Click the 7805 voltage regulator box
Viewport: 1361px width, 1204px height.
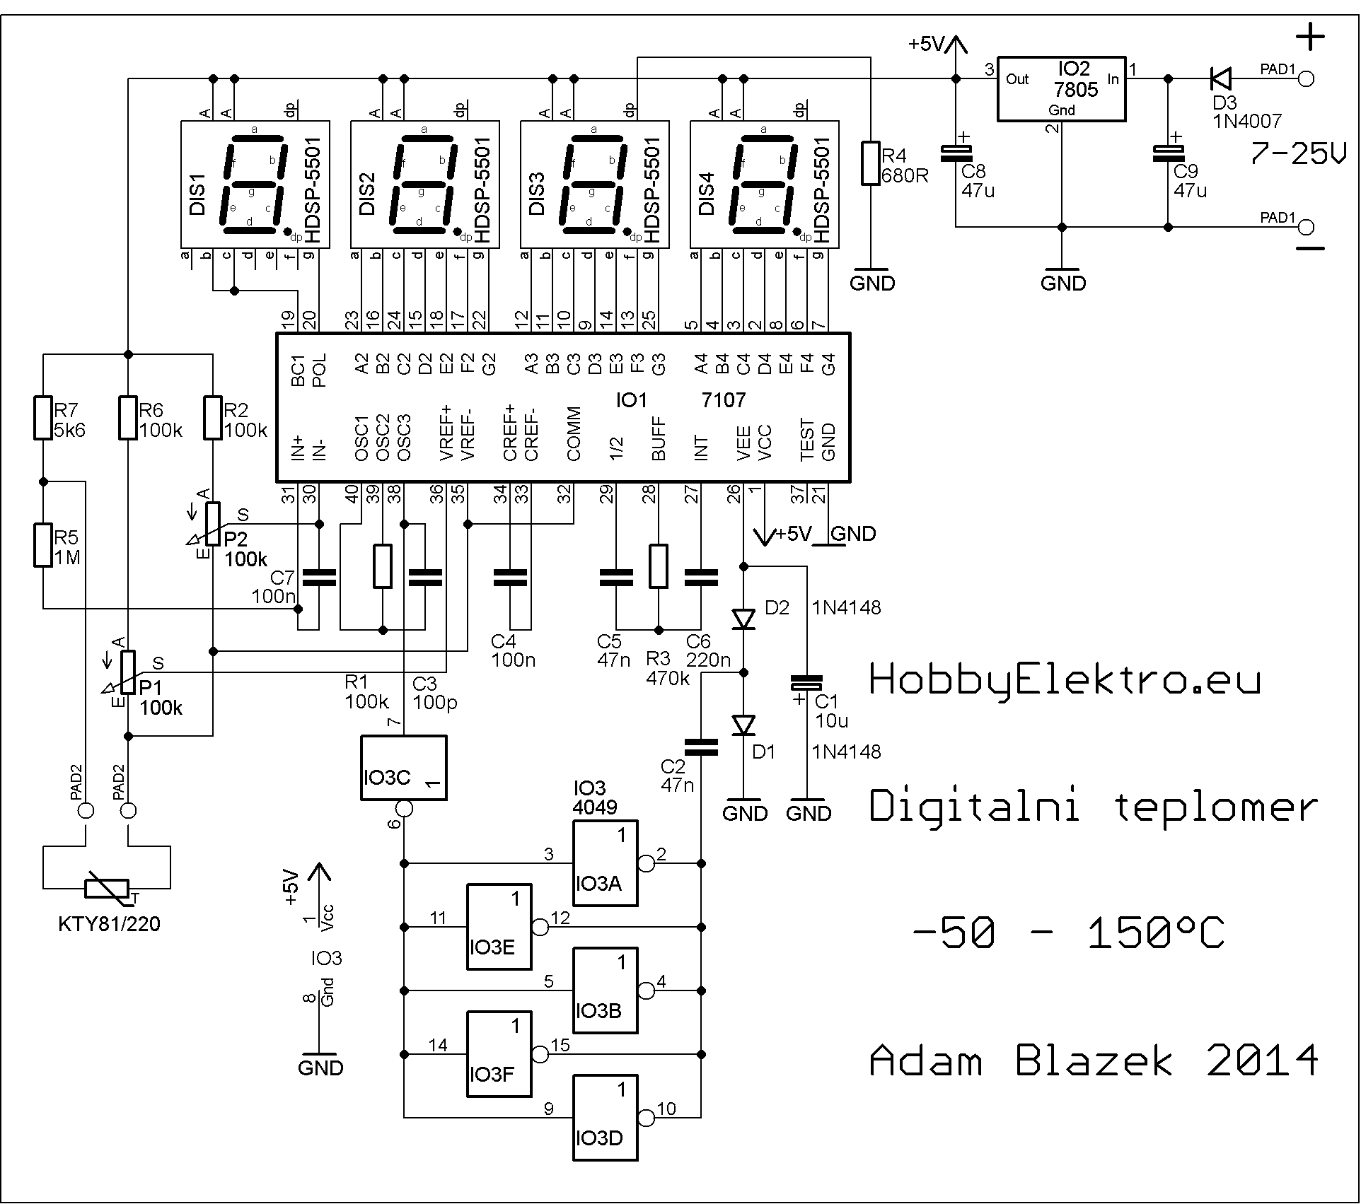(1061, 88)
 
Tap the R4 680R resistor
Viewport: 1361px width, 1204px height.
(871, 163)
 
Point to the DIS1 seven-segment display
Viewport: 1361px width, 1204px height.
(255, 185)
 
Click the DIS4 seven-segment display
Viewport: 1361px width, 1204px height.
(764, 185)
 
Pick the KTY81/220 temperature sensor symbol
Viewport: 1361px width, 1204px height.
(107, 889)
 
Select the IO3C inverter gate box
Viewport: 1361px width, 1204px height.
(403, 768)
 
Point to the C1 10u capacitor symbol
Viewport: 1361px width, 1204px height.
(806, 683)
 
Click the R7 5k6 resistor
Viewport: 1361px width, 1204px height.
(43, 418)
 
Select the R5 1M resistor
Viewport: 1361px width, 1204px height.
(43, 545)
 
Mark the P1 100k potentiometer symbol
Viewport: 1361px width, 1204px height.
(128, 672)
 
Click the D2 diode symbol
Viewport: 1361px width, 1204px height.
(743, 619)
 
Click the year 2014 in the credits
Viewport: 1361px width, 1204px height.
(1263, 1061)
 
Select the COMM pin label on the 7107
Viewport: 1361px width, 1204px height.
(574, 433)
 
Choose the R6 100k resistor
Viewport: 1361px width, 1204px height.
(128, 418)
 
